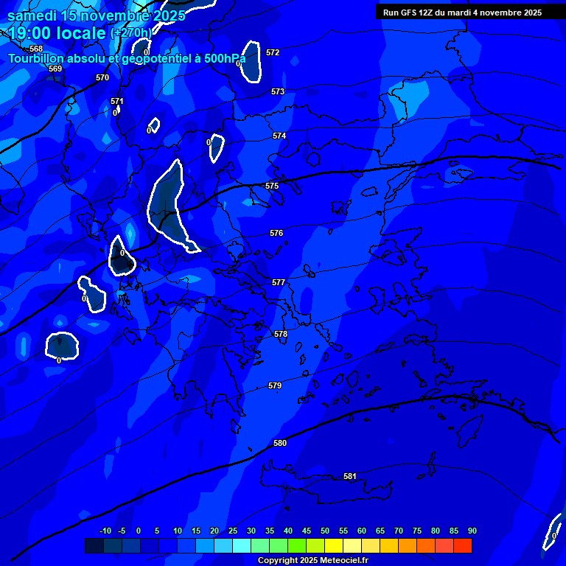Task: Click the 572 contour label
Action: tap(273, 52)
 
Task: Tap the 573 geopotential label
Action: tap(277, 91)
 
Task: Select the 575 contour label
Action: tap(272, 186)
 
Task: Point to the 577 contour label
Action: tap(278, 282)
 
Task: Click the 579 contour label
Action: tap(275, 385)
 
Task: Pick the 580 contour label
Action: tap(280, 443)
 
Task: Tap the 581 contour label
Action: tap(350, 477)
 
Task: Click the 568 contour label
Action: tap(36, 49)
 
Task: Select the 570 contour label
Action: tap(102, 77)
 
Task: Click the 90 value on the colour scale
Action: tap(472, 531)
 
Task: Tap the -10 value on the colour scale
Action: tap(105, 531)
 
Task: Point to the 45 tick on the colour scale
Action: tap(306, 531)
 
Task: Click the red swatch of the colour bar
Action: tap(462, 545)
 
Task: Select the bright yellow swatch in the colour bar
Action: tap(333, 545)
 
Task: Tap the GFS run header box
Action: tap(462, 13)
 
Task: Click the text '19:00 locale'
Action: tap(57, 33)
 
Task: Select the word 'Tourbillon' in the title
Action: tap(35, 58)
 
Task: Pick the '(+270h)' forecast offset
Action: tap(131, 33)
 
